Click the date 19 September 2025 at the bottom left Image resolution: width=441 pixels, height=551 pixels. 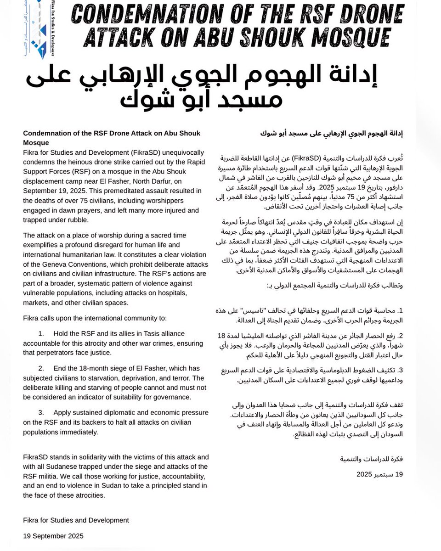point(53,535)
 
